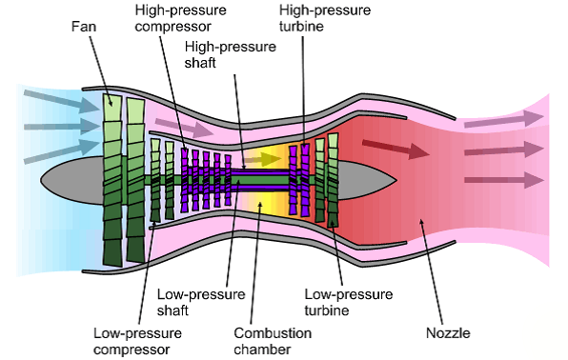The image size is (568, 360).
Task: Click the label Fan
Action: pyautogui.click(x=84, y=27)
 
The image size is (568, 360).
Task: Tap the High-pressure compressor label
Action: pyautogui.click(x=180, y=18)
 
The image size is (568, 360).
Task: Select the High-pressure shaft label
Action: pyautogui.click(x=230, y=54)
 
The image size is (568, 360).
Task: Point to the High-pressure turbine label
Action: pyautogui.click(x=325, y=18)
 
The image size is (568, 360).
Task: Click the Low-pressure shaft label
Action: pyautogui.click(x=201, y=302)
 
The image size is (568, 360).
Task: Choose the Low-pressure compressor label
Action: pyautogui.click(x=137, y=341)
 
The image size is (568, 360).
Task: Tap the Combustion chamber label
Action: pyautogui.click(x=273, y=341)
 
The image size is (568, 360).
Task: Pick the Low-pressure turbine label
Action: pyautogui.click(x=349, y=302)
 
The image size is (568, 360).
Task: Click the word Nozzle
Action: pyautogui.click(x=448, y=332)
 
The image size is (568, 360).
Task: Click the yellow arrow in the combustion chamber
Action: pyautogui.click(x=262, y=159)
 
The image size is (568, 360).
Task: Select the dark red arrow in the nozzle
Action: pyautogui.click(x=396, y=149)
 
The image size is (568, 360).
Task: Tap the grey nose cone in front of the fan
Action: pyautogui.click(x=72, y=180)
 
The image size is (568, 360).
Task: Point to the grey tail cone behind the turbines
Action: pyautogui.click(x=367, y=180)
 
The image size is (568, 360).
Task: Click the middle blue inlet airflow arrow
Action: pyautogui.click(x=62, y=127)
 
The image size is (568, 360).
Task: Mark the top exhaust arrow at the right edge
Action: pyautogui.click(x=504, y=119)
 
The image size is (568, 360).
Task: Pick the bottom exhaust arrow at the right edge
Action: pyautogui.click(x=504, y=180)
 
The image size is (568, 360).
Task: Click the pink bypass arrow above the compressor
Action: pyautogui.click(x=184, y=127)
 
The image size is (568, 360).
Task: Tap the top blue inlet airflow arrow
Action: pyautogui.click(x=62, y=101)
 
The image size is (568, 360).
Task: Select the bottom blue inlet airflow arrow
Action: pyautogui.click(x=62, y=152)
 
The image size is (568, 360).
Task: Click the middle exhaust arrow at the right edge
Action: pyautogui.click(x=504, y=150)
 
